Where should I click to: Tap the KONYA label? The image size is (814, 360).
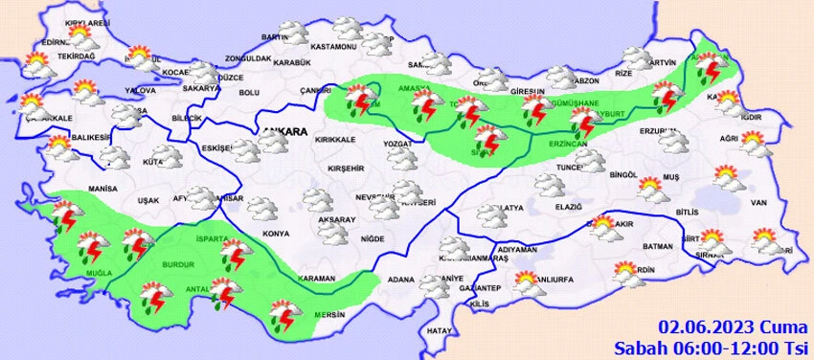click(276, 234)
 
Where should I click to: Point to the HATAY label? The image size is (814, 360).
click(439, 330)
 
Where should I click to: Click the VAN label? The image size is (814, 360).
click(758, 203)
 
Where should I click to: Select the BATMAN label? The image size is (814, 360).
click(659, 246)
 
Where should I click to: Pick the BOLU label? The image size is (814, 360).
click(249, 92)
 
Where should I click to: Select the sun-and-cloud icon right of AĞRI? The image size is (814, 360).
click(756, 146)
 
